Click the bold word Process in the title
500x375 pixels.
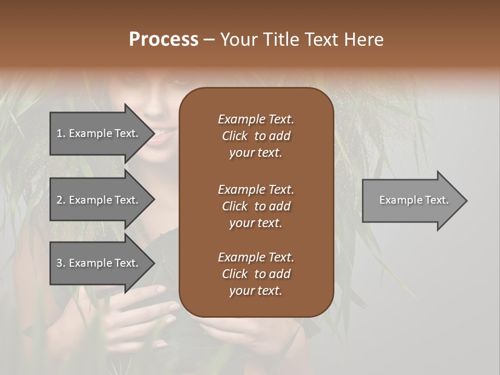coord(164,39)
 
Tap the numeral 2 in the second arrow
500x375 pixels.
coord(59,200)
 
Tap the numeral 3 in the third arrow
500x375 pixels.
coord(59,263)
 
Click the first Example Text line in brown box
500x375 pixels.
coord(256,119)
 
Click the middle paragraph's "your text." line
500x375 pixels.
coord(256,223)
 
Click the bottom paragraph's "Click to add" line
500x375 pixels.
coord(256,274)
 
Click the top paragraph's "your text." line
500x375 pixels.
coord(256,153)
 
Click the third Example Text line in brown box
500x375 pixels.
coord(256,257)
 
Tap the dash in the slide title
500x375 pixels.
coord(209,40)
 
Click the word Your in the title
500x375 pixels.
coord(239,39)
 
